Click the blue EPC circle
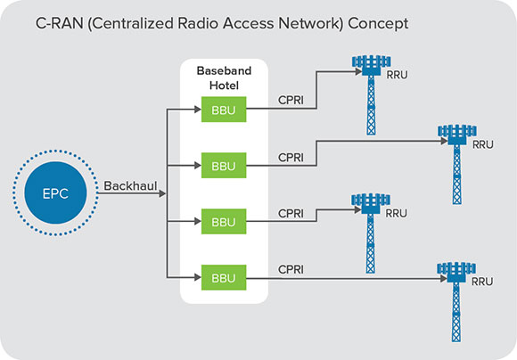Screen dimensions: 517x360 coord(55,192)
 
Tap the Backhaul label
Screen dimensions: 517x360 coord(130,186)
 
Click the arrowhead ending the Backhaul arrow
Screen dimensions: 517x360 coord(162,193)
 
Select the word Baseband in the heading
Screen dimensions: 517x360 coord(224,70)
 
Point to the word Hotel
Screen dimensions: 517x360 coord(224,86)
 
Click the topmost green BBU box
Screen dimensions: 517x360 coord(224,110)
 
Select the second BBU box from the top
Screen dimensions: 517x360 coord(224,166)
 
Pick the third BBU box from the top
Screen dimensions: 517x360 coord(224,222)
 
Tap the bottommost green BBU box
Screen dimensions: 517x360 coord(224,278)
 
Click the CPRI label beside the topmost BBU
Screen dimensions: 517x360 coord(291,100)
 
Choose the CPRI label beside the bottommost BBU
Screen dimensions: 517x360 coord(291,269)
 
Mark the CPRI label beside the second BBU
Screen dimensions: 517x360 coord(291,157)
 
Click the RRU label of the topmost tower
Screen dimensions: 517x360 coord(397,75)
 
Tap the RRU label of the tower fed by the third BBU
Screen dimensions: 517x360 coord(397,213)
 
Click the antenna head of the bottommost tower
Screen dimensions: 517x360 coord(456,272)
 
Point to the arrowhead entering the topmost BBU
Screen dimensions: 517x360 coord(198,110)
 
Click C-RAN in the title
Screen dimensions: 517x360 coord(60,23)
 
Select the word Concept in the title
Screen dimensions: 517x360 coord(378,24)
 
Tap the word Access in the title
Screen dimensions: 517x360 coord(248,23)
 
